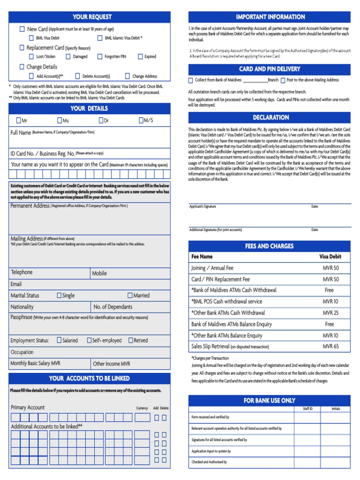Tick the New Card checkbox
click(22, 29)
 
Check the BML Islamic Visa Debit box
click(100, 38)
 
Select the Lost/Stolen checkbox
click(31, 57)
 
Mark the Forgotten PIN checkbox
click(100, 57)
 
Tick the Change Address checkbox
click(127, 76)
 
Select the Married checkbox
click(130, 295)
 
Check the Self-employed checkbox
click(89, 340)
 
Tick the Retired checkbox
click(131, 340)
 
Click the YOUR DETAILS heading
click(89, 108)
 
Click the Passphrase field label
click(21, 317)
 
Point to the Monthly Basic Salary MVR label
click(35, 363)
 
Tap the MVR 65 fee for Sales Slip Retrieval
click(330, 346)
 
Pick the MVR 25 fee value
click(330, 313)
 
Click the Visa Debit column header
click(330, 256)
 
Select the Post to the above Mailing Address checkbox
click(283, 80)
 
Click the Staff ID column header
click(307, 409)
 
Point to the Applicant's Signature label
click(202, 207)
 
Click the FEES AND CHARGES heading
click(269, 246)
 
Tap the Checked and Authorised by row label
click(209, 462)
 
